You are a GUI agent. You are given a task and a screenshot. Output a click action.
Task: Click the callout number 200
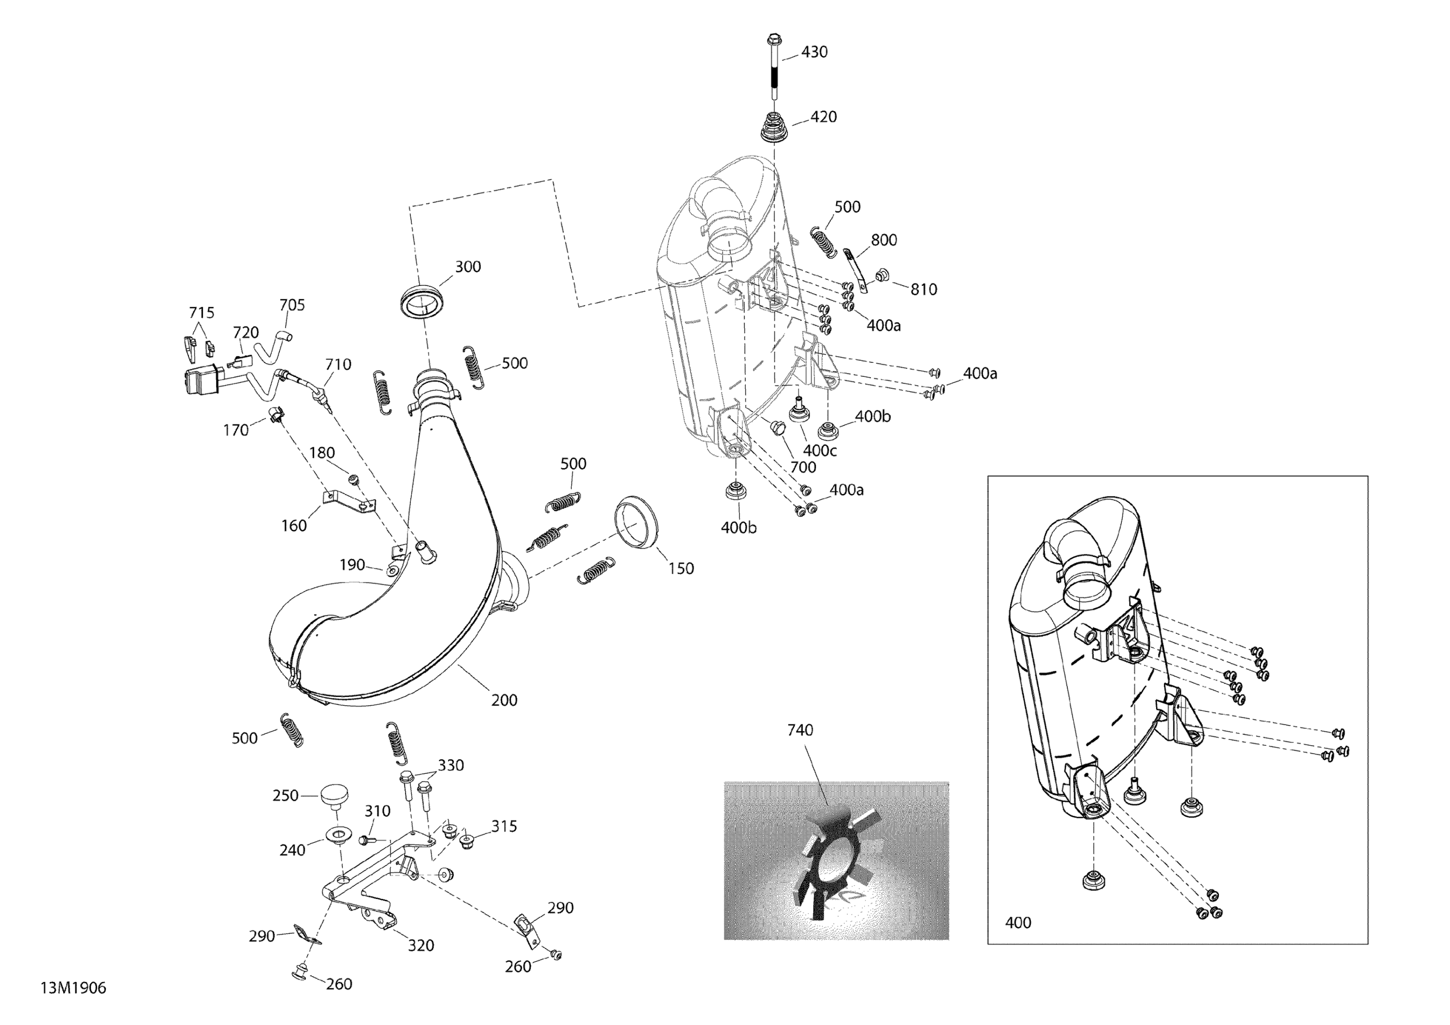(x=504, y=700)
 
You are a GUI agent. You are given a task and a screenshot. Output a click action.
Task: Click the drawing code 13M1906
(x=73, y=988)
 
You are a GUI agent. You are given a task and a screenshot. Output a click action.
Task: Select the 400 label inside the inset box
(x=1018, y=923)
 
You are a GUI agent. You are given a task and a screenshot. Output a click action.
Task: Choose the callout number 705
(x=292, y=305)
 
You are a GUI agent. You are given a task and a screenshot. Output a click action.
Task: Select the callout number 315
(x=504, y=826)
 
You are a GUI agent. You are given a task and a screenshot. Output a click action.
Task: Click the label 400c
(x=820, y=451)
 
